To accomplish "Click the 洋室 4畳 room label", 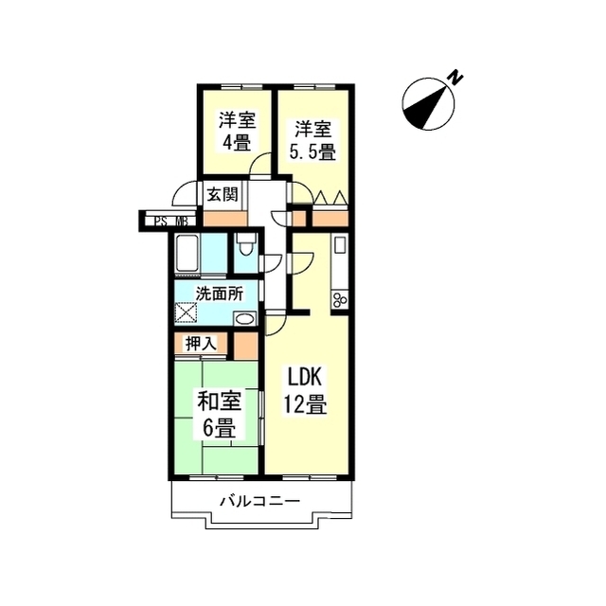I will tap(236, 132).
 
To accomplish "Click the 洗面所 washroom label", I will tap(218, 294).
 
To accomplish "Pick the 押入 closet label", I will tap(201, 343).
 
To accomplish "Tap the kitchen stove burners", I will tap(339, 300).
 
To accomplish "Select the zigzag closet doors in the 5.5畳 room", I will tap(330, 198).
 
